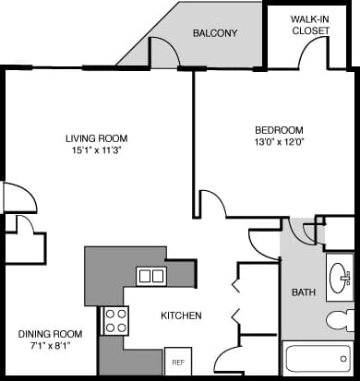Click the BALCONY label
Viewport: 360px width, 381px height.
pos(214,33)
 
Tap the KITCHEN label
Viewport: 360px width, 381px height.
pos(181,316)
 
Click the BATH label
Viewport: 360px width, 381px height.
pos(303,292)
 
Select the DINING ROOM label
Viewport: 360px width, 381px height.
pos(51,333)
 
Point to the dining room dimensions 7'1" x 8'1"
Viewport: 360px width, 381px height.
pos(51,345)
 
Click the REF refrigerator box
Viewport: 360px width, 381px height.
pos(176,360)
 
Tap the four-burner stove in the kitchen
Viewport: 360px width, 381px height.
pos(115,321)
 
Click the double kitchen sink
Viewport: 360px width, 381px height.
pos(150,275)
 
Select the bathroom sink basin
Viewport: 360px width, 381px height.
pos(341,275)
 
